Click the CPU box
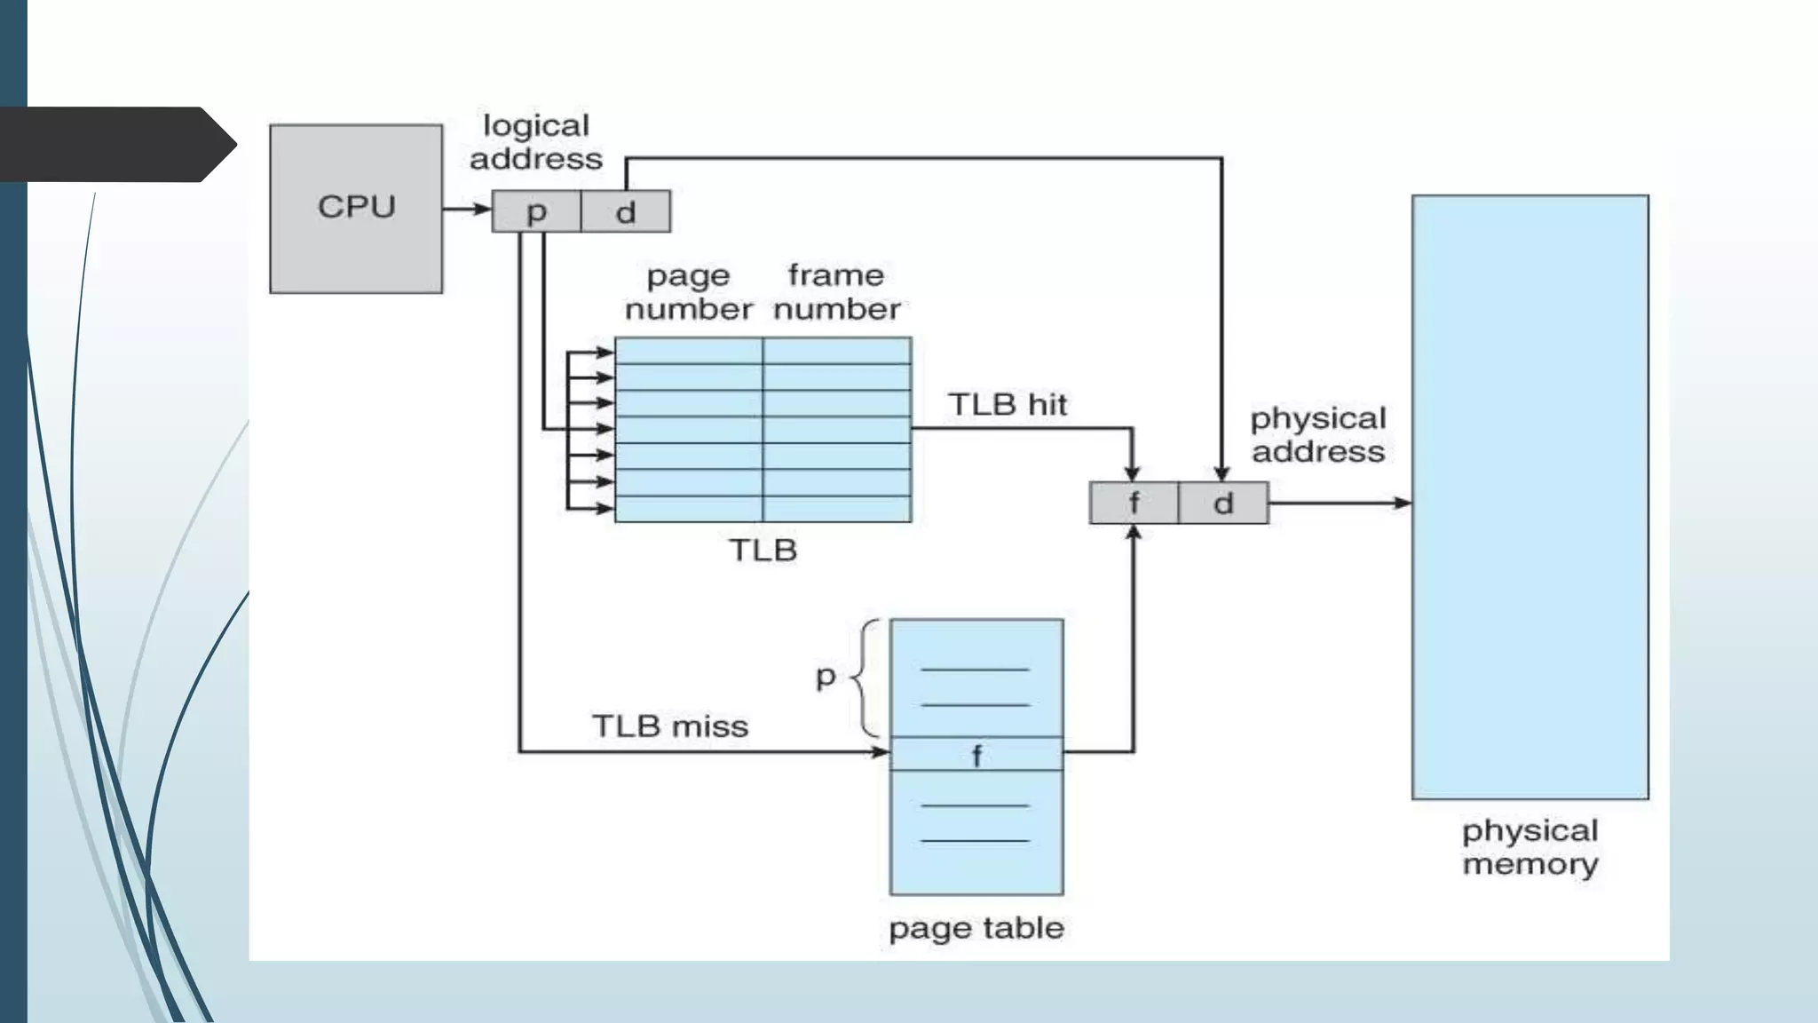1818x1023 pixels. point(356,209)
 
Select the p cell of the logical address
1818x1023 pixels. point(536,211)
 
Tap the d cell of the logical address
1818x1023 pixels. point(626,211)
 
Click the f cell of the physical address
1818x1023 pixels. point(1134,503)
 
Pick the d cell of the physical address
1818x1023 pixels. point(1223,503)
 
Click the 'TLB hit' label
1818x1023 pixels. point(1008,405)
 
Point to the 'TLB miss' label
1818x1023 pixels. point(670,726)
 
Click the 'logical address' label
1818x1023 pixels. point(535,142)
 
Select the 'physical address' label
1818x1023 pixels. point(1318,435)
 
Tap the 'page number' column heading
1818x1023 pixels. point(688,292)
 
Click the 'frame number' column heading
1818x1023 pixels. point(836,292)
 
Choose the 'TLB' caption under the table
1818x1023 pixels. point(763,551)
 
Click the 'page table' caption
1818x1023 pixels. point(976,928)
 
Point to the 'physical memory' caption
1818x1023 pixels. point(1530,847)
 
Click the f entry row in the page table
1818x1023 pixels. point(976,755)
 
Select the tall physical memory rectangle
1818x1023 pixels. point(1530,497)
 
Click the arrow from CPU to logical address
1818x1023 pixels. point(466,209)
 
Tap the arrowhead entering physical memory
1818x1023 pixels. point(1403,503)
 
